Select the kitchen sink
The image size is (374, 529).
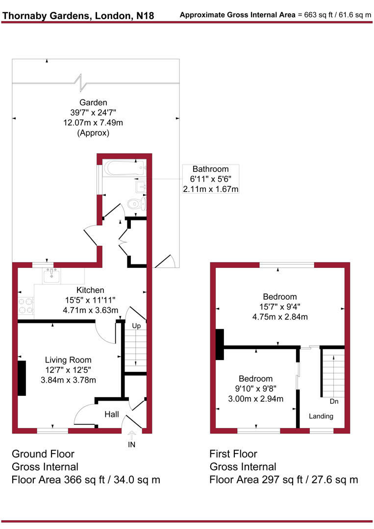click(x=51, y=277)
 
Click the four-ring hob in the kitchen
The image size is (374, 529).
click(x=25, y=306)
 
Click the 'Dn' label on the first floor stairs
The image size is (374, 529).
click(x=334, y=401)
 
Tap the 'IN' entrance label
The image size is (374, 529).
click(x=131, y=445)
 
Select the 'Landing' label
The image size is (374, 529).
click(x=321, y=416)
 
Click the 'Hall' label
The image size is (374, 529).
click(x=112, y=415)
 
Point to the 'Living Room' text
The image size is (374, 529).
click(x=68, y=360)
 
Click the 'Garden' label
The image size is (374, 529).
click(x=93, y=102)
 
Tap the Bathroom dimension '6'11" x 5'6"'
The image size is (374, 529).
click(x=210, y=179)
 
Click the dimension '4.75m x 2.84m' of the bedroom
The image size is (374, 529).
click(x=279, y=316)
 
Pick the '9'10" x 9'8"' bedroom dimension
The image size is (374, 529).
click(x=255, y=389)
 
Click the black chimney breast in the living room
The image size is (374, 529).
click(x=22, y=378)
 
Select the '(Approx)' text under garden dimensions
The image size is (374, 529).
click(x=93, y=133)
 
